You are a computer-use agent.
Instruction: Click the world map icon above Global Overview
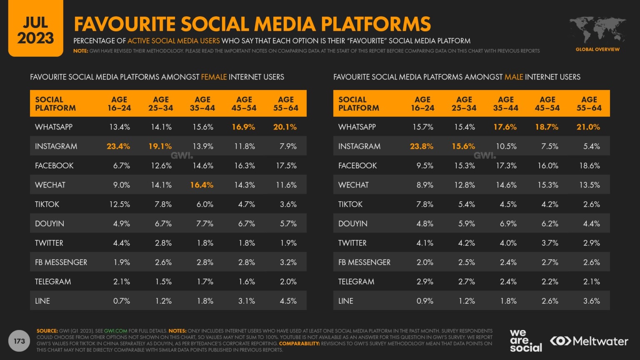click(597, 30)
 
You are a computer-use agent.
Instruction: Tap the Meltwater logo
click(589, 341)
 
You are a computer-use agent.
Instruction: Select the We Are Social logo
click(525, 341)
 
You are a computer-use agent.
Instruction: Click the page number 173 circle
click(20, 341)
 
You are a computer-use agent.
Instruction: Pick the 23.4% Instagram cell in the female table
click(118, 146)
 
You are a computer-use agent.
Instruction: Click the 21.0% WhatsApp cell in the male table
click(588, 127)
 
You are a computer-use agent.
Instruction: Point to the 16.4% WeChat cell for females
click(202, 185)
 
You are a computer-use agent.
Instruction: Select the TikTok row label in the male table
click(350, 204)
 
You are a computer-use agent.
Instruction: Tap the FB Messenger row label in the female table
click(61, 262)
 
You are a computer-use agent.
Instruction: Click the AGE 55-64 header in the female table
click(286, 103)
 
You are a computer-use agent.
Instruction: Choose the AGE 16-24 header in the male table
click(422, 103)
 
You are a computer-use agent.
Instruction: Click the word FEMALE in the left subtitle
click(214, 77)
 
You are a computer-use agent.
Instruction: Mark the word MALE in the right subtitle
click(513, 77)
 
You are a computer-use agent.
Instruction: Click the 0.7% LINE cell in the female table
click(121, 301)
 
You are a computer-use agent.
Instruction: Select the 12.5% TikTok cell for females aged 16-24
click(120, 204)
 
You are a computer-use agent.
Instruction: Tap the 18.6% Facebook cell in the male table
click(589, 165)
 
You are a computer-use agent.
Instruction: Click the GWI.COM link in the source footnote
click(115, 331)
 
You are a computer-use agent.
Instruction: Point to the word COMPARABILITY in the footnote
click(299, 344)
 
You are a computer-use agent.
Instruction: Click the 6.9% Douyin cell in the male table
click(508, 223)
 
